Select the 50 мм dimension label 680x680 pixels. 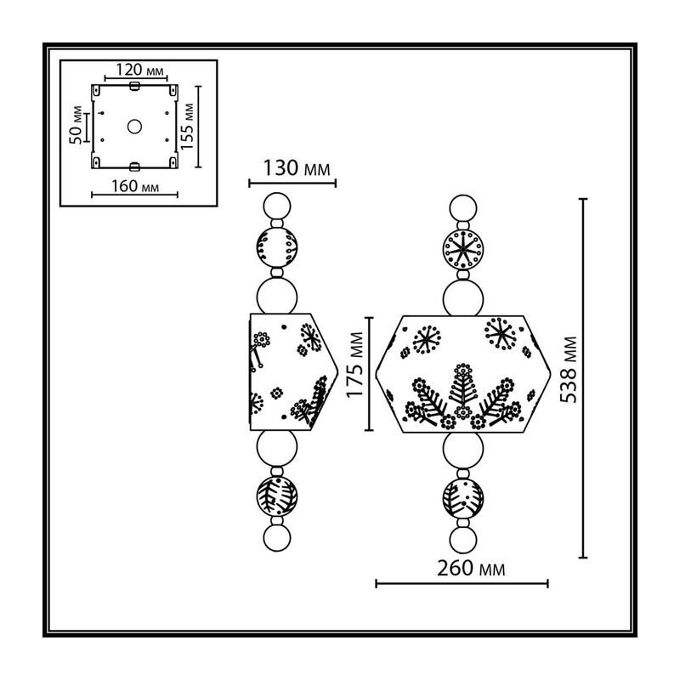(76, 125)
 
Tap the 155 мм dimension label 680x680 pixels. (187, 127)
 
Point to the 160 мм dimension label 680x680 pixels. (135, 186)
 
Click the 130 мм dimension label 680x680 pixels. (297, 168)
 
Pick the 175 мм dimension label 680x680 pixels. (355, 365)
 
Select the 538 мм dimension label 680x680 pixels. (569, 370)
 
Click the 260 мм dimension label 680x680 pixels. (471, 568)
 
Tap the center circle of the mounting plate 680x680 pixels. (134, 127)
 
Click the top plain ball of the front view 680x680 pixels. (463, 207)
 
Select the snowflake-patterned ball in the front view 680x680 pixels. (463, 250)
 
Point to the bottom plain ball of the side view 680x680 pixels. (277, 538)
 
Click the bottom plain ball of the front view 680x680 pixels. (463, 540)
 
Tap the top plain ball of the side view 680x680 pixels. (277, 207)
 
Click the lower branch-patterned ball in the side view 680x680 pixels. (277, 496)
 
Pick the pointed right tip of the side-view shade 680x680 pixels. (337, 372)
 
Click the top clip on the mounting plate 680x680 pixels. (134, 86)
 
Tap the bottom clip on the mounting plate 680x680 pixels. (134, 167)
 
